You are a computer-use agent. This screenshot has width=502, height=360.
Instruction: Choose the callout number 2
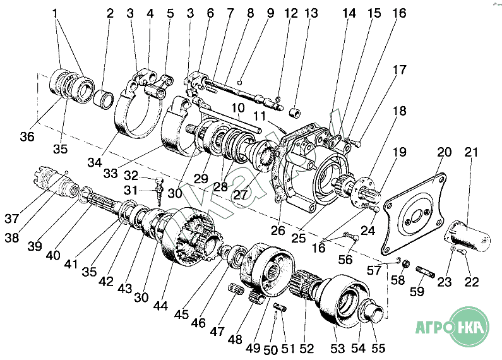point(111,13)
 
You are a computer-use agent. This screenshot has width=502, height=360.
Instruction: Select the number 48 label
point(235,339)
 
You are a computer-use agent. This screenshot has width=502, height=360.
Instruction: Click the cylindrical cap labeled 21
point(469,235)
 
